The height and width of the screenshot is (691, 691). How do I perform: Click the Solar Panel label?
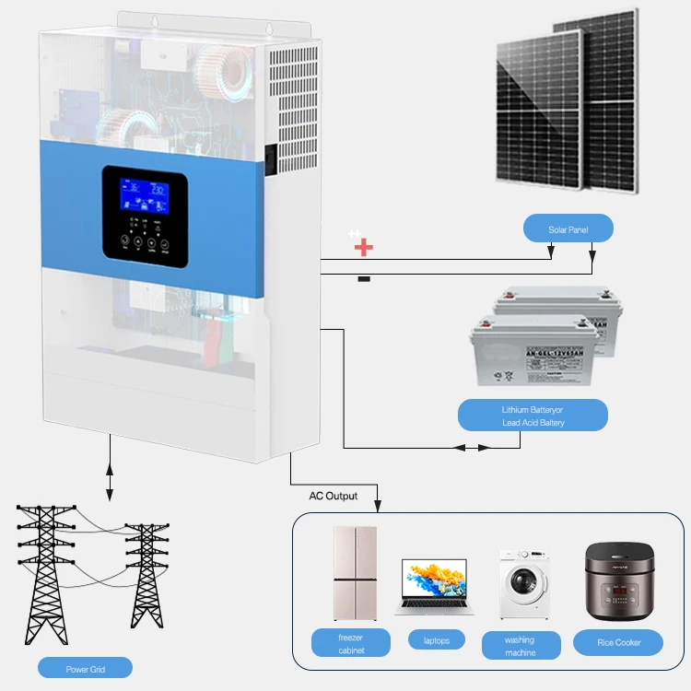pyautogui.click(x=568, y=228)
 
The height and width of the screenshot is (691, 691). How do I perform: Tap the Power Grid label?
pyautogui.click(x=85, y=668)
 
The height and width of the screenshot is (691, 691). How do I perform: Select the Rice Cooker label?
pyautogui.click(x=618, y=641)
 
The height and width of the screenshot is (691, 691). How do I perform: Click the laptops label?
pyautogui.click(x=436, y=639)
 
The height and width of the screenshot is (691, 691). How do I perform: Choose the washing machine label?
pyautogui.click(x=521, y=645)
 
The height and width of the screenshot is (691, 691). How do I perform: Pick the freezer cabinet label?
pyautogui.click(x=351, y=643)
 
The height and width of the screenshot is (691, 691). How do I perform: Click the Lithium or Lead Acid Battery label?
pyautogui.click(x=533, y=415)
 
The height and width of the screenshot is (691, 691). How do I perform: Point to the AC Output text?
pyautogui.click(x=333, y=496)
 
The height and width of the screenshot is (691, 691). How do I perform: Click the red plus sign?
pyautogui.click(x=364, y=247)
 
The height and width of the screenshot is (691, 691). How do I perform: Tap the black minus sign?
pyautogui.click(x=364, y=278)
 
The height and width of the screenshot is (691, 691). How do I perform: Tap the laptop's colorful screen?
pyautogui.click(x=436, y=580)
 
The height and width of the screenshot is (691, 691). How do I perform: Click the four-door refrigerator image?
pyautogui.click(x=355, y=573)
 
